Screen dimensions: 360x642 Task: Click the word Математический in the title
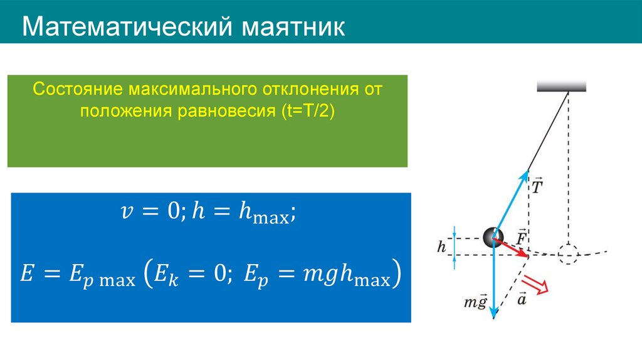point(125,28)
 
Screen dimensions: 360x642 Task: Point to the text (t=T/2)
point(308,110)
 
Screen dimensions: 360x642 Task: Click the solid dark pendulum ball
point(493,236)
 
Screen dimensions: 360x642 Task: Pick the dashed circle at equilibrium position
point(568,255)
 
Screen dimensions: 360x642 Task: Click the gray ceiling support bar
point(561,87)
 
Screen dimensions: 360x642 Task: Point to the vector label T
point(537,186)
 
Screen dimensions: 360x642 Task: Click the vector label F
point(521,236)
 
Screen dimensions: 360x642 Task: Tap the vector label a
point(522,299)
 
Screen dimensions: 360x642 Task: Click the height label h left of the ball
point(441,247)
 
